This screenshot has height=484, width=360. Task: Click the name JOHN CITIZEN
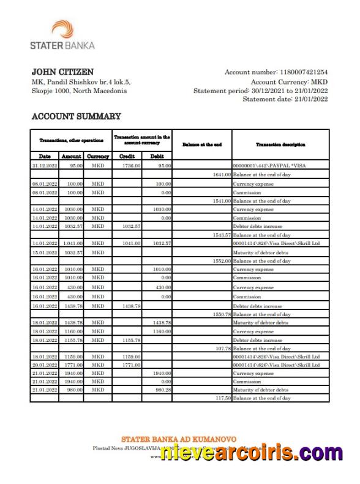click(62, 72)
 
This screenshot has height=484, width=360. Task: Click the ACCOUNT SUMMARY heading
click(76, 116)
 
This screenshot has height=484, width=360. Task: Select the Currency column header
click(98, 157)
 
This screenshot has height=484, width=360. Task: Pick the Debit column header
click(157, 157)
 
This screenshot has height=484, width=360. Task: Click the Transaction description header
click(280, 145)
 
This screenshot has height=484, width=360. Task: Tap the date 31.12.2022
click(45, 165)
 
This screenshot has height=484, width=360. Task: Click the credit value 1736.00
click(132, 165)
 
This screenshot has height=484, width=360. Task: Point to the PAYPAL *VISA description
click(267, 165)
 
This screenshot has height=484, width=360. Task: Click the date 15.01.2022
click(45, 252)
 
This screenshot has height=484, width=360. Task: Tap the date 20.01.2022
click(45, 365)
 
